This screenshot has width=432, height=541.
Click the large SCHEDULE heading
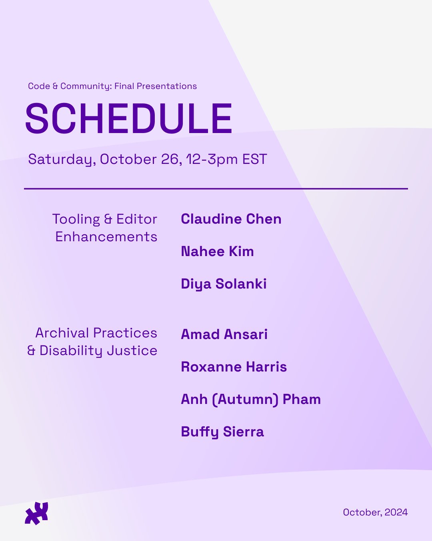[x=128, y=118]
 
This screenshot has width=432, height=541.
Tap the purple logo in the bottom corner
[x=36, y=513]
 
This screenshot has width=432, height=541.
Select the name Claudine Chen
[x=231, y=219]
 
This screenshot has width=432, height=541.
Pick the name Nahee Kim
[x=217, y=251]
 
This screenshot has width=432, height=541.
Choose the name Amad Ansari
[x=224, y=334]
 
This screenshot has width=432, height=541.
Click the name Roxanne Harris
[x=234, y=367]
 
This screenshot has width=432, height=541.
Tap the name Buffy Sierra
[x=222, y=432]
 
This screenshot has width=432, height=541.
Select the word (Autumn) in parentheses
[x=245, y=400]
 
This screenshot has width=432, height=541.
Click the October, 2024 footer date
[x=375, y=512]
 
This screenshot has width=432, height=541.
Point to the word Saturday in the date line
[x=62, y=159]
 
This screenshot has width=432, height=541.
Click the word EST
[x=254, y=159]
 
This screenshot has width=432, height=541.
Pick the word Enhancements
[x=106, y=237]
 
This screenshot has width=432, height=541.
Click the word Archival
[x=62, y=333]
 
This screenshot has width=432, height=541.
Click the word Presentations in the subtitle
[x=166, y=86]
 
